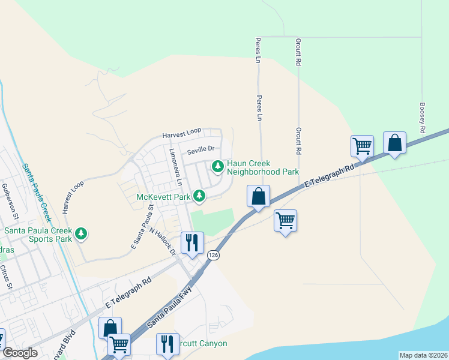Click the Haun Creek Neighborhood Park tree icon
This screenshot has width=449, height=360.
click(217, 165)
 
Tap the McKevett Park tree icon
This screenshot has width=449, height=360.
click(199, 196)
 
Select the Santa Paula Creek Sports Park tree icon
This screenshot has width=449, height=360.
click(80, 233)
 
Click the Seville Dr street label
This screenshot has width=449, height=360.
click(200, 150)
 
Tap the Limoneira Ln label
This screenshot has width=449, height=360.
click(175, 166)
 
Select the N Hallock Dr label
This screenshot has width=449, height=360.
click(163, 241)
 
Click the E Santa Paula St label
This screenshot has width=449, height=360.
click(143, 227)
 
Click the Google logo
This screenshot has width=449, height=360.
click(19, 353)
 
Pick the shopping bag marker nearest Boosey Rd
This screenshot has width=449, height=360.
click(394, 143)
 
